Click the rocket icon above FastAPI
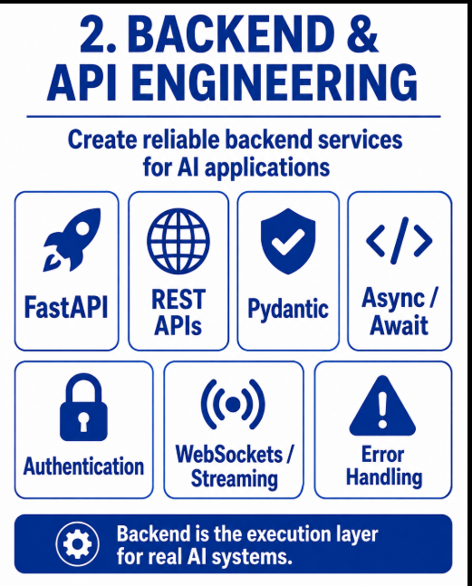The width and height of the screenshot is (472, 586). tap(72, 239)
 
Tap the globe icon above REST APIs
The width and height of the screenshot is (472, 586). tap(178, 241)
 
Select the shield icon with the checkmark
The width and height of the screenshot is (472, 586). tap(288, 240)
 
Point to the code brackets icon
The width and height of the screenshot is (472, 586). tap(400, 240)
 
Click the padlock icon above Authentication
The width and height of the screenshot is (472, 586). tap(83, 408)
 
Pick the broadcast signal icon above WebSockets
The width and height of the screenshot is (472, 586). tap(233, 404)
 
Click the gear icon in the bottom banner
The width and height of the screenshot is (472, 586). tap(77, 543)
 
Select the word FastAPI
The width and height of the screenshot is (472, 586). tap(66, 308)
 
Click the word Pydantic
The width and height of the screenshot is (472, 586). tap(288, 310)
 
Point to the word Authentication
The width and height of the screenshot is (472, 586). tap(83, 466)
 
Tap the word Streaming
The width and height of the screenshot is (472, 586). tap(235, 479)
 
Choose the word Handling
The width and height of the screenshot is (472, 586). tap(384, 477)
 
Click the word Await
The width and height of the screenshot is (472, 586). tap(399, 325)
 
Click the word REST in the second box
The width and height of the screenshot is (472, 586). tap(178, 299)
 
